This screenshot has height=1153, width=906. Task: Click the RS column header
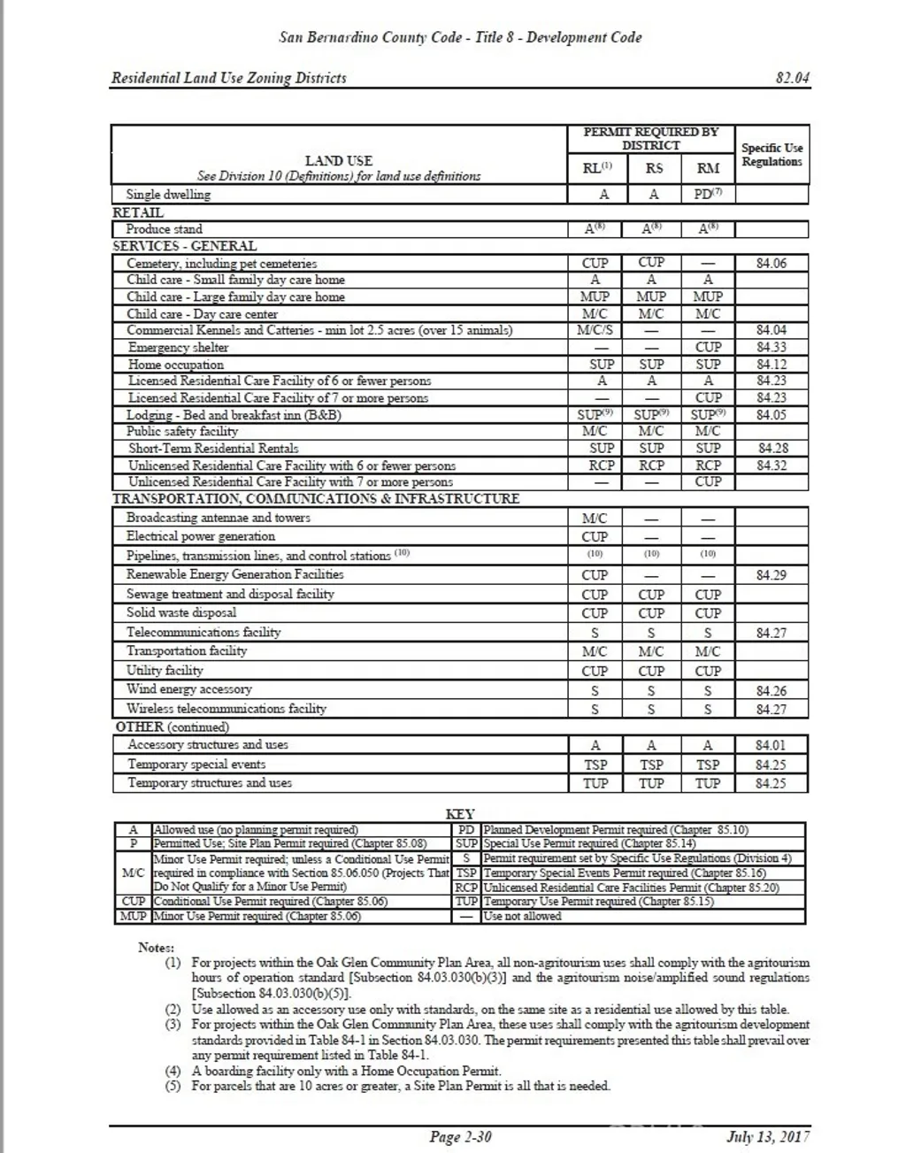point(653,168)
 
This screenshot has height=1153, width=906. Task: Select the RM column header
point(708,168)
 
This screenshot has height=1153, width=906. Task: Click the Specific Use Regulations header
point(772,155)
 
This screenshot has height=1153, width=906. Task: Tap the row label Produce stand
point(165,229)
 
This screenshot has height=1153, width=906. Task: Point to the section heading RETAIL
point(138,212)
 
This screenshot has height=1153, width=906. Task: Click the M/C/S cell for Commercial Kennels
point(595,330)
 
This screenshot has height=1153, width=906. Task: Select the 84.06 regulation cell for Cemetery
point(772,263)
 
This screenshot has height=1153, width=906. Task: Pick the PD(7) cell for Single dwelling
point(708,194)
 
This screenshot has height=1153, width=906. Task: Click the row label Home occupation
point(176,365)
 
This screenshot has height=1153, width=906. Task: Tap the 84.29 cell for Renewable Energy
point(772,575)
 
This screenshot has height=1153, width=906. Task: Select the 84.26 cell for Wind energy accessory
point(772,690)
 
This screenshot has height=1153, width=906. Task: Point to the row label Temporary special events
point(196,765)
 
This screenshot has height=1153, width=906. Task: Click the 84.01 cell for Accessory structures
point(772,745)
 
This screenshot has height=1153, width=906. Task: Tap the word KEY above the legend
point(459,814)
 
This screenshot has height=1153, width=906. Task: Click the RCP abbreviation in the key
point(466,888)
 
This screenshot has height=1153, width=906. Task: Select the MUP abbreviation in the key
point(133,916)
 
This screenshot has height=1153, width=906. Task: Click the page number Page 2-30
point(460,1137)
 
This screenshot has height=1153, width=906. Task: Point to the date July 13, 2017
point(767,1137)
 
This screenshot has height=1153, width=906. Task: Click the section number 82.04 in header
point(792,78)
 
